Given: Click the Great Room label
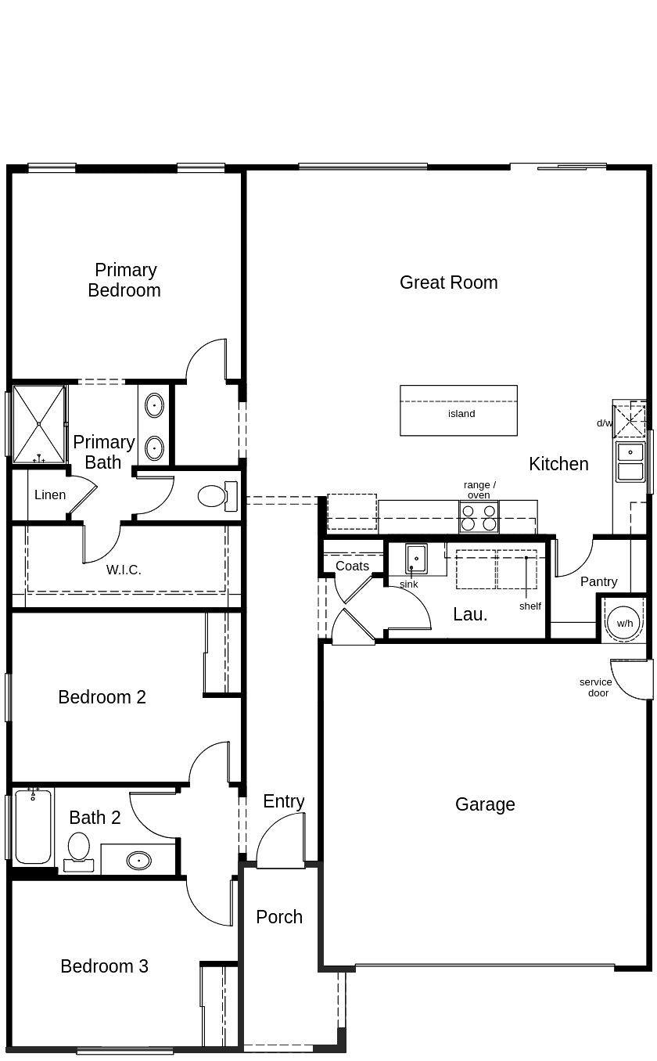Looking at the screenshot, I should (448, 282).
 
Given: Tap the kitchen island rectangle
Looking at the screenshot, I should (458, 411).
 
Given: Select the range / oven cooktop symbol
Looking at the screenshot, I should (479, 517).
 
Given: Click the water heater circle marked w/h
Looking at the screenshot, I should (624, 623).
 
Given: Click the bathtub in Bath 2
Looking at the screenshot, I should (33, 828).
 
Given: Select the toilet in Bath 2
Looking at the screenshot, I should (79, 851).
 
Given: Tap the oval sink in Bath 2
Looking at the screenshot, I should (138, 861).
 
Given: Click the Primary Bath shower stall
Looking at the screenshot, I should (38, 423).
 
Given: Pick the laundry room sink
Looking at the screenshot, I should (416, 559).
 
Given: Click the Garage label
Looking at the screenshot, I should (485, 804).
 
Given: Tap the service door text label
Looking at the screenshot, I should (596, 687).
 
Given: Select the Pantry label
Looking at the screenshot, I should (598, 581).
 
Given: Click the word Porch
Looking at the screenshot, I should (279, 917).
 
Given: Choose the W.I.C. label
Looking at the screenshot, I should (124, 570).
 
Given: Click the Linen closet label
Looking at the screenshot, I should (50, 495).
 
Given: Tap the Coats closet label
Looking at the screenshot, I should (352, 566).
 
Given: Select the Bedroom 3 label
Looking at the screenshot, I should (104, 966).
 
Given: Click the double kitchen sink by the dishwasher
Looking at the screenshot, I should (630, 462).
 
